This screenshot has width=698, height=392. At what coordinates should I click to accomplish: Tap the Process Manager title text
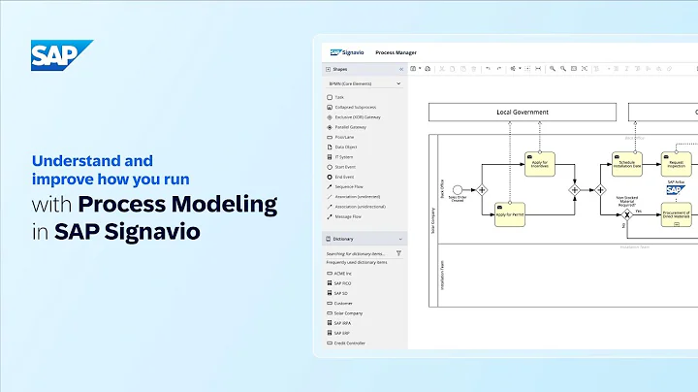point(396,52)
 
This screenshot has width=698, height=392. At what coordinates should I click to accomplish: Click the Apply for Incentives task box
point(540,161)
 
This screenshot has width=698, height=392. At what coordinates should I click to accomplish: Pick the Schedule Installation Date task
point(626,164)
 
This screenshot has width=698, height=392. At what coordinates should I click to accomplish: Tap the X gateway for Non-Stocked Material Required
point(627,214)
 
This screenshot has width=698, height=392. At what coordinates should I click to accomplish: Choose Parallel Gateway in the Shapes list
point(351,127)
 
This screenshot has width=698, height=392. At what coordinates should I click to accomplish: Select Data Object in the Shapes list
point(345,147)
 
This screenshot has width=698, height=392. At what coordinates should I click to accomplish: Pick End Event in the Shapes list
point(344,177)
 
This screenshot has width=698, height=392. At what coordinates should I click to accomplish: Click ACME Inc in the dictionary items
point(343,274)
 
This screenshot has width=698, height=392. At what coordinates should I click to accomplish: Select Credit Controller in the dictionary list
point(350,343)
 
